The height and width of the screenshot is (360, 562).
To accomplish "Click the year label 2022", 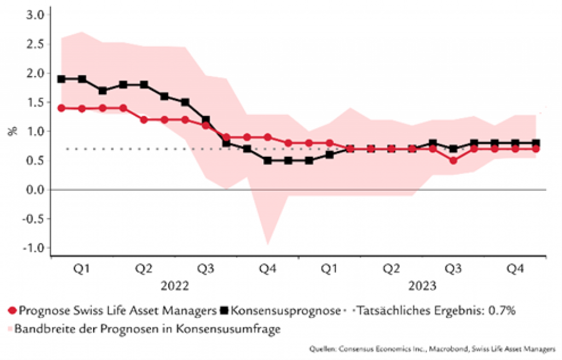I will tap(174, 286).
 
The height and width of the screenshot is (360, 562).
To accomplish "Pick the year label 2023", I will tap(421, 286).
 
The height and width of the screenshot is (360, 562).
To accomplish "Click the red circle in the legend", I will tap(12, 311).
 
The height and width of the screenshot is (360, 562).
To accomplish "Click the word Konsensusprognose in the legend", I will tap(285, 311).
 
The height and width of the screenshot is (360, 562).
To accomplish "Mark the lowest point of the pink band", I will tap(268, 244).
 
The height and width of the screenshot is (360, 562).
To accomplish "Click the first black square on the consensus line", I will tap(61, 78).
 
